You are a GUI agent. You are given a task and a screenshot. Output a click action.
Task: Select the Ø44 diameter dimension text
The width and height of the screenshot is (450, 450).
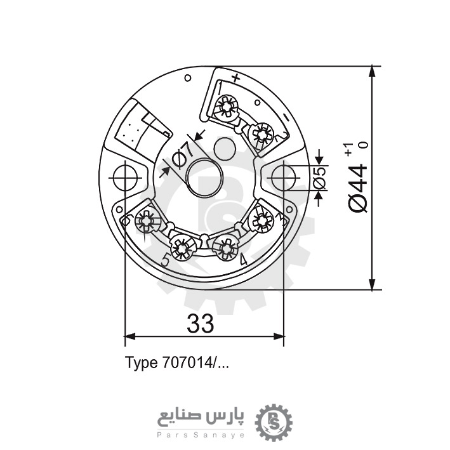pyautogui.click(x=357, y=187)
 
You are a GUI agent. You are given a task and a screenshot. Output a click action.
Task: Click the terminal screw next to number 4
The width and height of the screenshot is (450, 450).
pyautogui.click(x=225, y=246)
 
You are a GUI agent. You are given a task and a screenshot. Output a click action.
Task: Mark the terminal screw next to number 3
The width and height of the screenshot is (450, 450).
pyautogui.click(x=260, y=220)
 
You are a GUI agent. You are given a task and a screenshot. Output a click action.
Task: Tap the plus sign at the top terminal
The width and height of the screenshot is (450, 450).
pyautogui.click(x=235, y=79)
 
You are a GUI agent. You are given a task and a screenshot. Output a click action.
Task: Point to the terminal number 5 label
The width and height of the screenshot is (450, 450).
pyautogui.click(x=165, y=260)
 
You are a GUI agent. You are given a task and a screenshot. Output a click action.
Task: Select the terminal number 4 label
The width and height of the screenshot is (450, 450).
pyautogui.click(x=243, y=260)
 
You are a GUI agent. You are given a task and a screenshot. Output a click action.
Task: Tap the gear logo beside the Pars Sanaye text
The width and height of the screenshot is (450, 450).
pyautogui.click(x=275, y=421)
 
